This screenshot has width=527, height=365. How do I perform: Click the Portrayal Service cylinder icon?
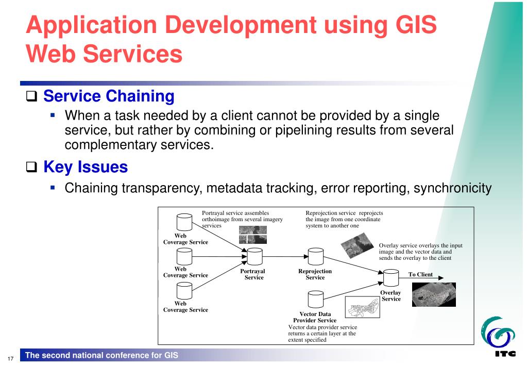click(254, 256)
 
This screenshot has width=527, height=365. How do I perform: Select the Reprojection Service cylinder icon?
click(315, 256)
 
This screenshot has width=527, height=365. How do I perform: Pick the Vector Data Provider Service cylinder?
click(315, 300)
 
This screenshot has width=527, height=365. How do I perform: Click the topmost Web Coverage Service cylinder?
click(184, 222)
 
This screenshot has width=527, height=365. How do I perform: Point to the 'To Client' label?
click(420, 275)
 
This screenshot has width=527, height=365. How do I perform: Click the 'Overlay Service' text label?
click(391, 296)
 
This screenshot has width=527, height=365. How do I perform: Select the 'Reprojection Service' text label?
click(315, 274)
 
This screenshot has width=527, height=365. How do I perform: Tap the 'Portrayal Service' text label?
click(253, 274)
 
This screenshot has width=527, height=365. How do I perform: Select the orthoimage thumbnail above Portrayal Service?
click(252, 236)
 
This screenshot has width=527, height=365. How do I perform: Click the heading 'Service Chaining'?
click(109, 96)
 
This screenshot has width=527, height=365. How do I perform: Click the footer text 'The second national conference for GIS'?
click(106, 355)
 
